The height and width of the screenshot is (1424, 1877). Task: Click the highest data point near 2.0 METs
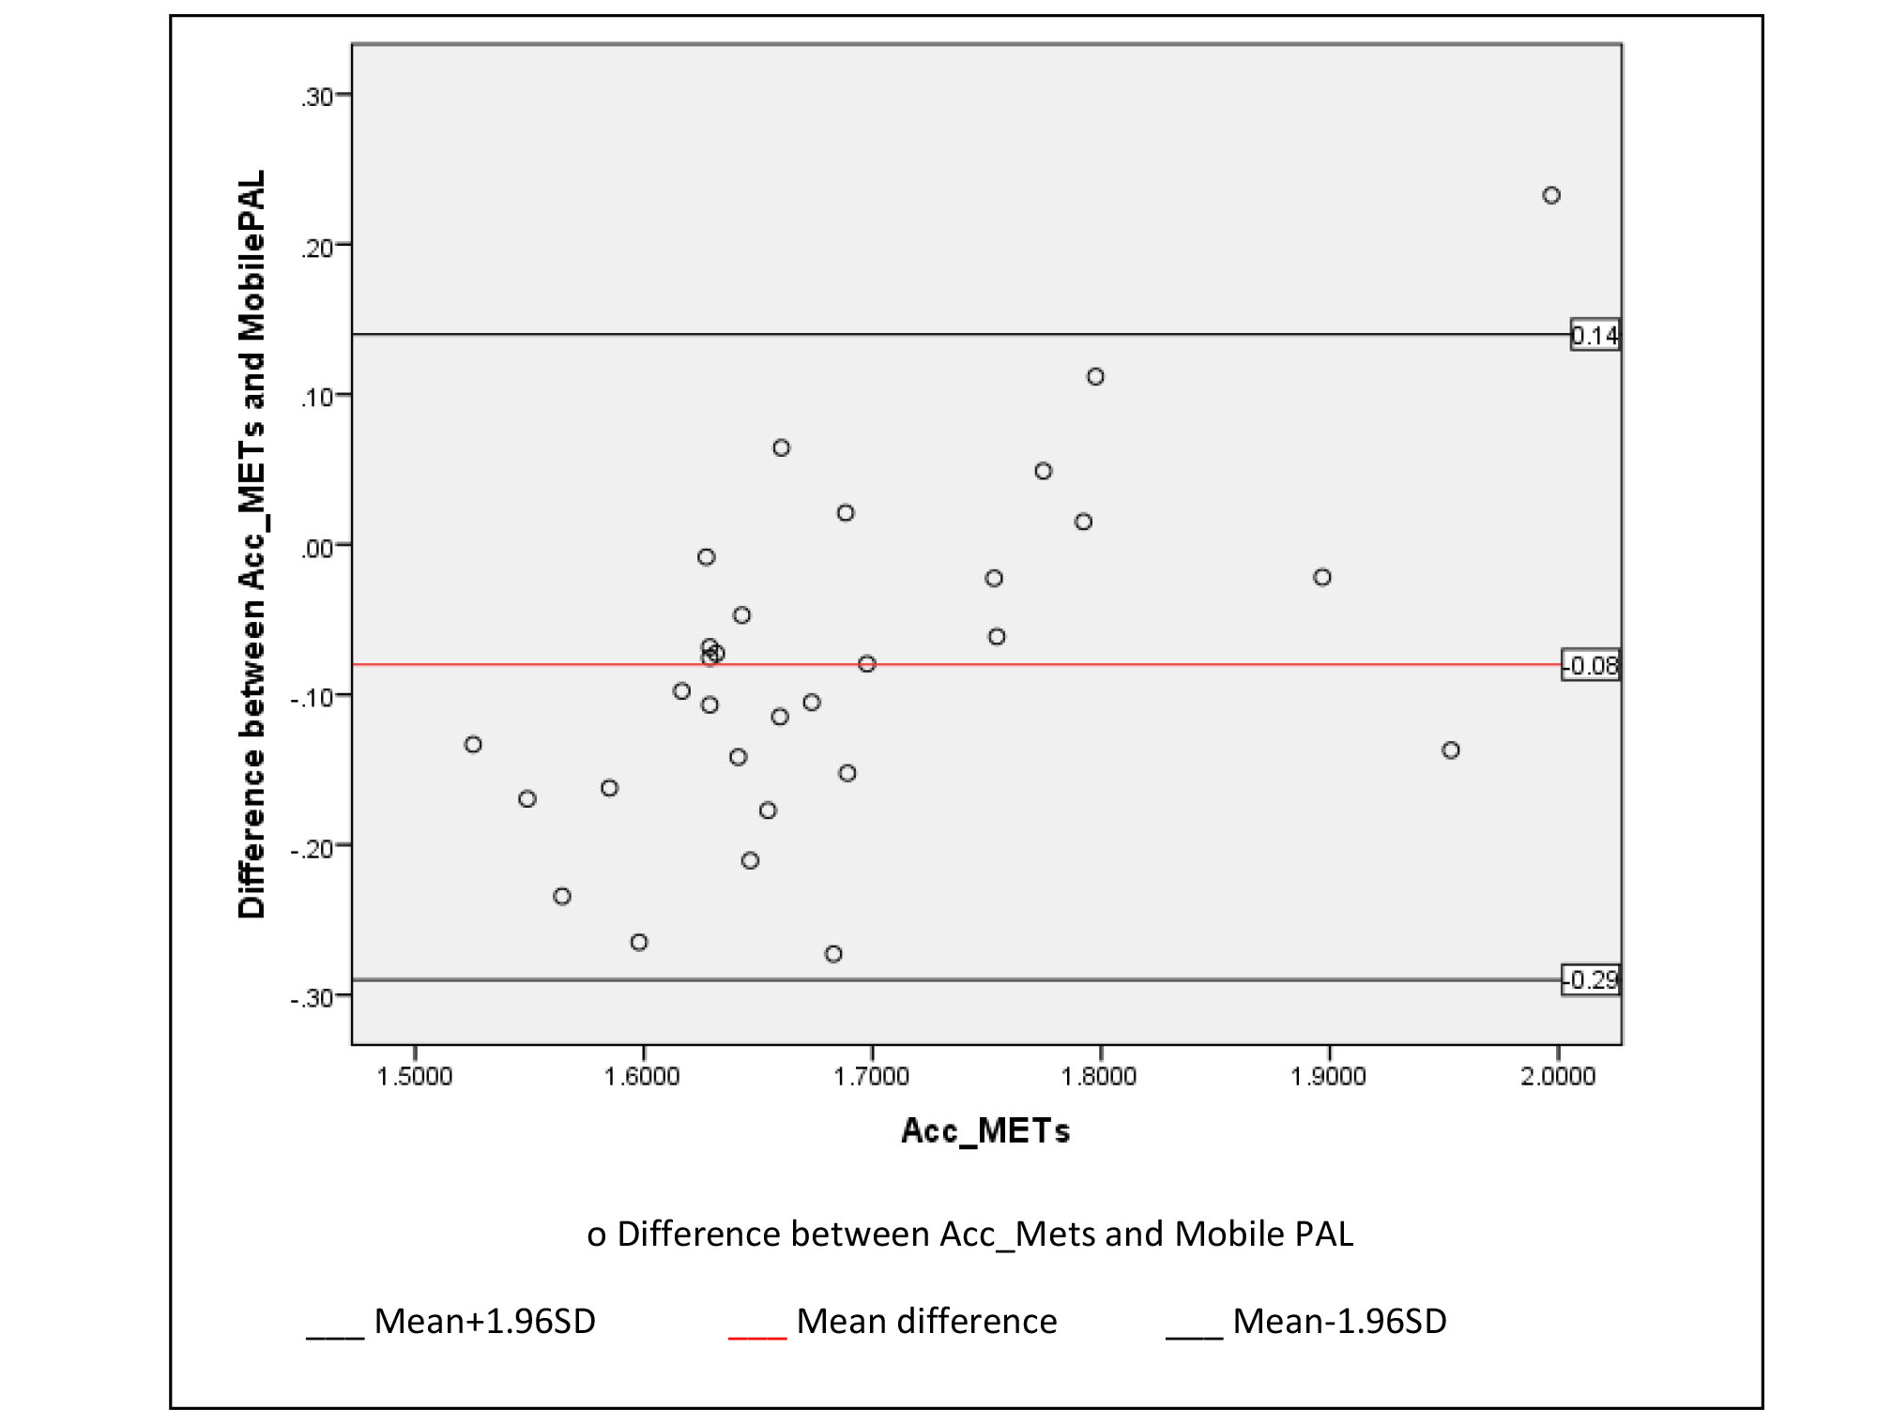point(1551,195)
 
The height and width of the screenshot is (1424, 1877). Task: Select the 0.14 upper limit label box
point(1595,335)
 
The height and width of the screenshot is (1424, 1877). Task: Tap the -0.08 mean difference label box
point(1591,665)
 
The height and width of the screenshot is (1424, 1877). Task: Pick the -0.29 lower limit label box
point(1591,979)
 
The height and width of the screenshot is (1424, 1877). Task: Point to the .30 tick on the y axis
point(319,97)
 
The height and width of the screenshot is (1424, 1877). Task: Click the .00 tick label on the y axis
point(318,548)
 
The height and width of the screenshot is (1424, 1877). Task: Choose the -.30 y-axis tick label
point(313,997)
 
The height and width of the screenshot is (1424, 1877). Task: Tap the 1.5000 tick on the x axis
point(414,1075)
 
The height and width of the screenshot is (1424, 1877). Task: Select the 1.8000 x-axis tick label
point(1099,1075)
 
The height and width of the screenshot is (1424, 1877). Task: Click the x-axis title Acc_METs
point(985,1130)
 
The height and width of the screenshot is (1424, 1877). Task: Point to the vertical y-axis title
point(252,544)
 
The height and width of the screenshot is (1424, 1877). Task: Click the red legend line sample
point(756,1336)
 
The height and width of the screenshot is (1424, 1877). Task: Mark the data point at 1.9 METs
point(1322,577)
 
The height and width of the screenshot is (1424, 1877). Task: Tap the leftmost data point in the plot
point(473,744)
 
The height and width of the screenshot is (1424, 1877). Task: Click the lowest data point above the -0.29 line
point(833,954)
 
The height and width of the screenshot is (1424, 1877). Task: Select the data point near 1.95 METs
point(1451,750)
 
